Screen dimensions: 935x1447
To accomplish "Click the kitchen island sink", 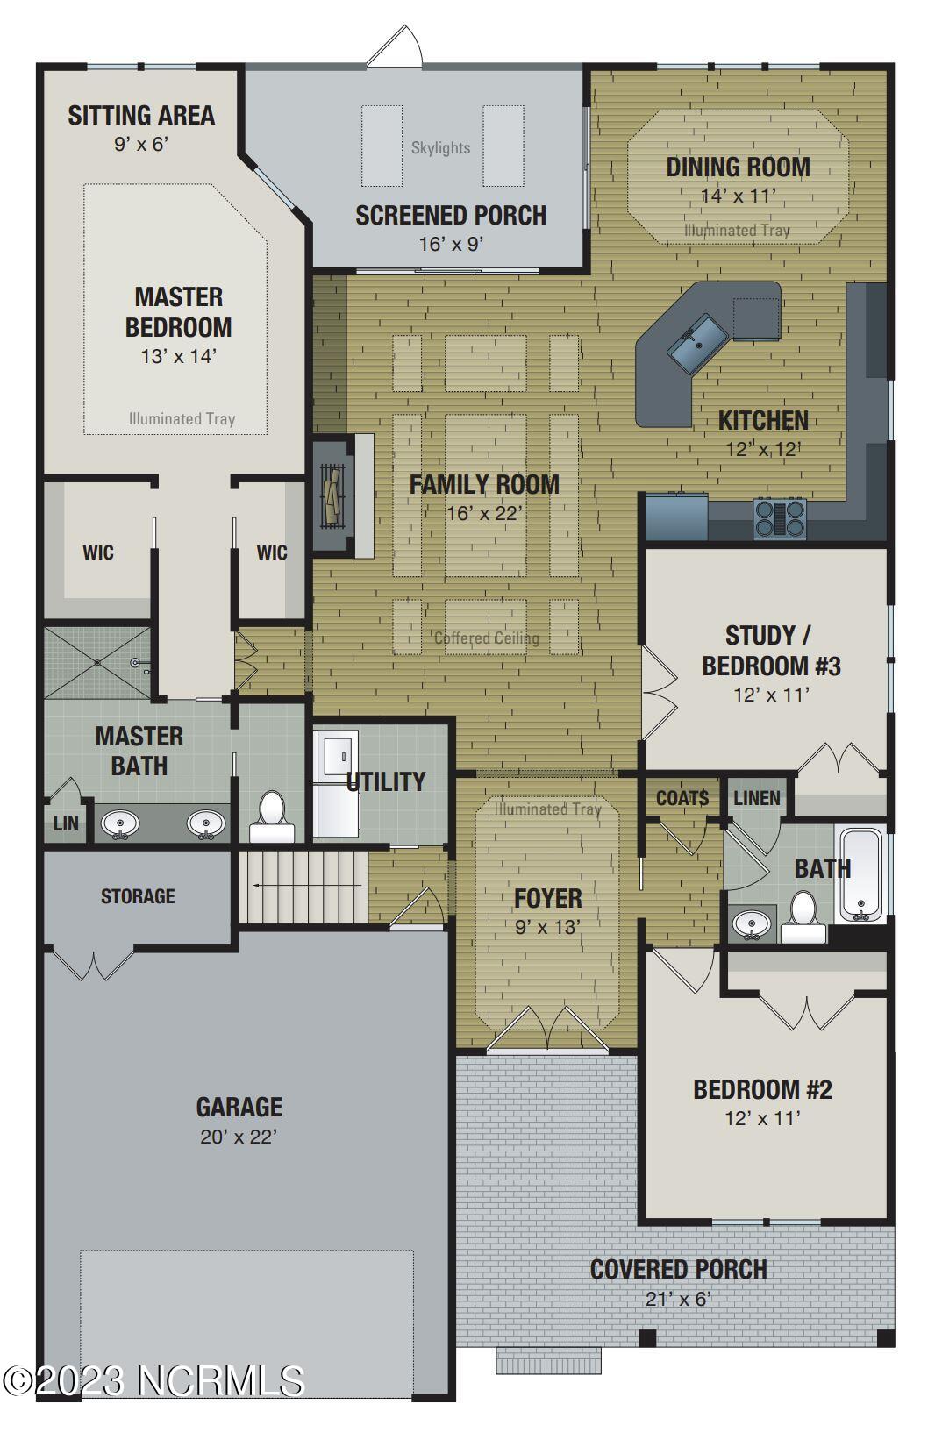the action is (x=698, y=344).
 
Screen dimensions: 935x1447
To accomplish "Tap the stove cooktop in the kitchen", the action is (x=780, y=518).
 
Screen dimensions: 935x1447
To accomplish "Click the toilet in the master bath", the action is (x=272, y=817).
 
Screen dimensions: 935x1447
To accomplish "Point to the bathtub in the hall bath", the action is (x=860, y=874).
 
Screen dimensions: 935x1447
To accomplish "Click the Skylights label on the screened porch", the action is (x=440, y=148).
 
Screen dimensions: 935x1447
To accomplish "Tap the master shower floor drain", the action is (x=97, y=662).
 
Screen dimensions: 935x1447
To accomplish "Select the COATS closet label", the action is (x=682, y=798).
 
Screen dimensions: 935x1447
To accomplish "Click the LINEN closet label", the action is (x=757, y=798).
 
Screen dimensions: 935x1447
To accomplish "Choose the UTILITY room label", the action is (x=386, y=781).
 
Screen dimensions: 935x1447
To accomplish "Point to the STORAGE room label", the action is (x=138, y=896).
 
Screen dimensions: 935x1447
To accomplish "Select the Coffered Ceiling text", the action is (x=487, y=638).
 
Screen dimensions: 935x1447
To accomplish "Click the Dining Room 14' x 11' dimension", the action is (x=739, y=196).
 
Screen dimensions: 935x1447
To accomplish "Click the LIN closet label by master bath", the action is (x=66, y=823).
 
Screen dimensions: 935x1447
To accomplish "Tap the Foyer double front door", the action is (x=547, y=1029).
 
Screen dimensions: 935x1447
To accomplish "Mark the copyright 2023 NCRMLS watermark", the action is (x=153, y=1381).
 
